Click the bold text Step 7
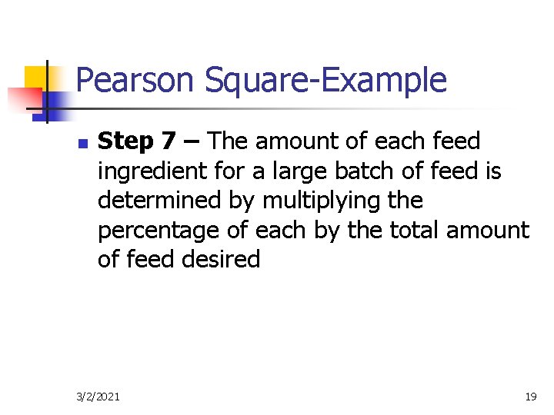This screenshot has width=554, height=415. coord(137,141)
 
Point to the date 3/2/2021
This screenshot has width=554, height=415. coord(98,397)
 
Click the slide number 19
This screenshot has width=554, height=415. coord(530,397)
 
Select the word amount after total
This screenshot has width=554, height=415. coord(491,231)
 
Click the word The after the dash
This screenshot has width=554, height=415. coord(229,141)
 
